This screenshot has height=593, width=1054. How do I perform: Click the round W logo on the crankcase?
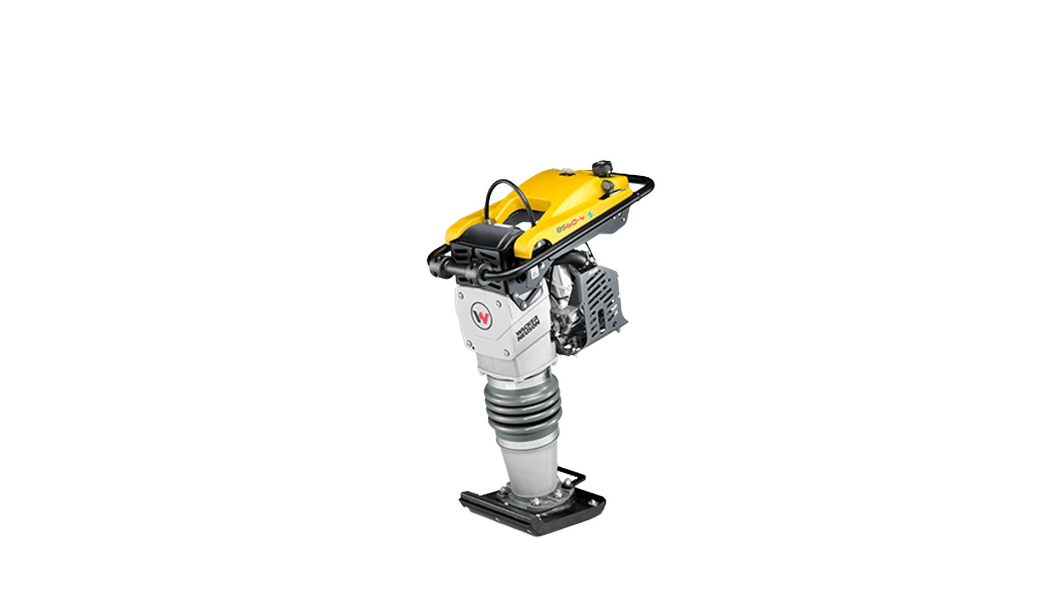point(481,317)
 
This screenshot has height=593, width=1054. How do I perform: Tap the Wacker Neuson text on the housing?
point(528,328)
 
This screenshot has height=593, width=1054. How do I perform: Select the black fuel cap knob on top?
point(602,165)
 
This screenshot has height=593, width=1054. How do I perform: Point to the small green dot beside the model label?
point(591,214)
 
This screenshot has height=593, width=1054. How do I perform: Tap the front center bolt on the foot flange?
point(535,502)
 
